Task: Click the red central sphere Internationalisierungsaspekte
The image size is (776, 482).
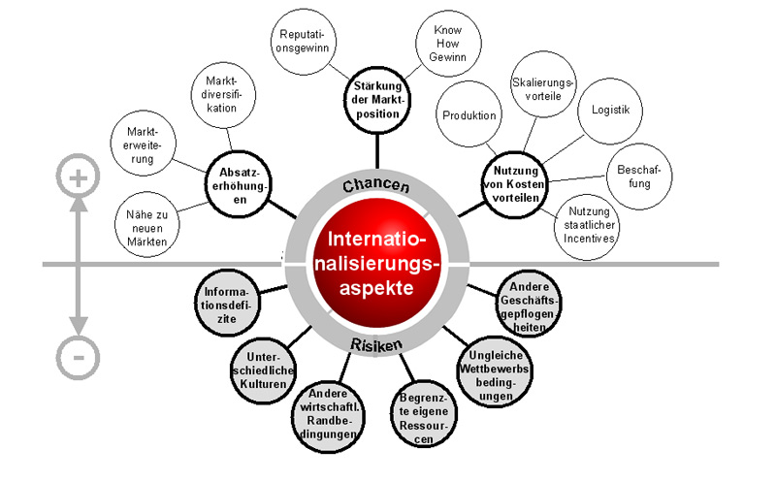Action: [x=377, y=262]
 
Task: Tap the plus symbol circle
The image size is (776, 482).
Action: [x=78, y=177]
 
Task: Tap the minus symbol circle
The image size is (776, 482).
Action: [x=78, y=356]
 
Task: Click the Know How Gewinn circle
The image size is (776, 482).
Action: [x=445, y=44]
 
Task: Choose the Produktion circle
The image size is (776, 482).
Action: [x=469, y=115]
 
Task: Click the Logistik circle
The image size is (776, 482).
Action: [x=611, y=110]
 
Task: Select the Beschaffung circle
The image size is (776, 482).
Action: [x=632, y=177]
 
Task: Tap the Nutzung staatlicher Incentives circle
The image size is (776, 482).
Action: [x=593, y=226]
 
